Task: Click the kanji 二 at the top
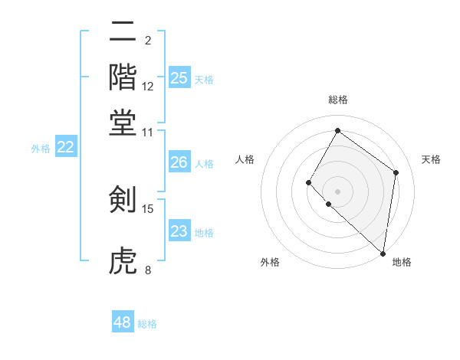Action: coord(123,33)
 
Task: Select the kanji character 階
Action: coord(123,77)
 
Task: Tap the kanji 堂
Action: coord(123,122)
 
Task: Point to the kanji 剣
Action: coord(123,200)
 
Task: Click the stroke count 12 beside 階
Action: coord(148,87)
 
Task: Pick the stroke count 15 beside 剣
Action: coord(148,208)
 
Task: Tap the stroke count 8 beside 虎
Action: coord(148,270)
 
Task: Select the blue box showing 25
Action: coord(179,77)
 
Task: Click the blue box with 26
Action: coord(179,162)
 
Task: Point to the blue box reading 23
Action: coord(179,231)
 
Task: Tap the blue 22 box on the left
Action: coord(65,147)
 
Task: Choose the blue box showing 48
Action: coord(123,322)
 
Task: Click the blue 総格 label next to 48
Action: coord(147,324)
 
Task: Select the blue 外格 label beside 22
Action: coord(40,149)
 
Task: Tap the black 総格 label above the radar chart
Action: coord(338,100)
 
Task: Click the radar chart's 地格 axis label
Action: coord(402,262)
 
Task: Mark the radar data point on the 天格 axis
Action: coord(396,172)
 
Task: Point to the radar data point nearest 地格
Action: coord(383,253)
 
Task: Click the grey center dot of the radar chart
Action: coord(337,191)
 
